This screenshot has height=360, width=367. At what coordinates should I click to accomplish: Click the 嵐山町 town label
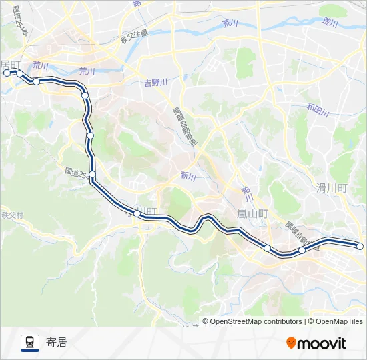[x=252, y=214]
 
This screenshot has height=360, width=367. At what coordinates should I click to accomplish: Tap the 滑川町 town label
[x=332, y=188]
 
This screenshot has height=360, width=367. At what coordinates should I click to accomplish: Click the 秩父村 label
[x=12, y=215]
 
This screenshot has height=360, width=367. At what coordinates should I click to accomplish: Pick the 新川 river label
[x=188, y=176]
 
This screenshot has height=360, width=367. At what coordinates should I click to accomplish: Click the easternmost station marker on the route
[x=360, y=246]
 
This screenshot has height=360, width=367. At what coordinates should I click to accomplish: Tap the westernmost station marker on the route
[x=7, y=73]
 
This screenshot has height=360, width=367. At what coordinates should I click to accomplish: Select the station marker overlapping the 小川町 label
[x=137, y=213]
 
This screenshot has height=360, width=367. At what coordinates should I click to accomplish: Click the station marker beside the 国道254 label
[x=92, y=175]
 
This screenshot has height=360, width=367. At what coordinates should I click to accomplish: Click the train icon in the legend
[x=29, y=343]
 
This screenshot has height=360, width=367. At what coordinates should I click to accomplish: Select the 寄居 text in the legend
[x=57, y=343]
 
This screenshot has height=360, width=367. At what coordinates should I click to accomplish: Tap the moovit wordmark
[x=322, y=343]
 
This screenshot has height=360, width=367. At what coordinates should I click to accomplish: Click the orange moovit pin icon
[x=291, y=343]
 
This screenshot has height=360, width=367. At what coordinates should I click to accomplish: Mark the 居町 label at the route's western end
[x=11, y=65]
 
